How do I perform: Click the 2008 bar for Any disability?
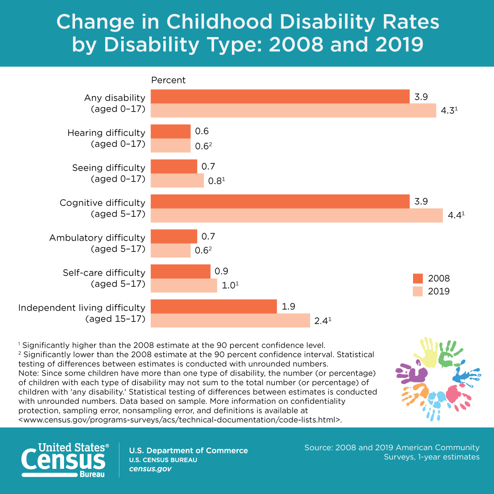(280, 97)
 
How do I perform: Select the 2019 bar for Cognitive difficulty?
(296, 215)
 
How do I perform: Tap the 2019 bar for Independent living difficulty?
(230, 321)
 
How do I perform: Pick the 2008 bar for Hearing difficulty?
(170, 131)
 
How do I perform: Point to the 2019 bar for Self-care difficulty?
(183, 285)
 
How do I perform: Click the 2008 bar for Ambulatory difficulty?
(173, 236)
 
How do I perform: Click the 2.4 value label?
(321, 321)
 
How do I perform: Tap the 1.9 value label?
(288, 306)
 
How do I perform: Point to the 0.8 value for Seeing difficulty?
(215, 181)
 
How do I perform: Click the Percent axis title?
(168, 80)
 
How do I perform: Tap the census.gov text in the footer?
(150, 469)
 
